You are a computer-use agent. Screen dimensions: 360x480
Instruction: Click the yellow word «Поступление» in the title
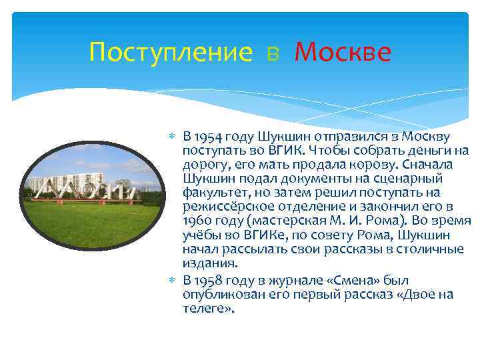[171, 52]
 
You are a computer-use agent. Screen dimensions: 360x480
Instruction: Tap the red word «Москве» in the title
[342, 52]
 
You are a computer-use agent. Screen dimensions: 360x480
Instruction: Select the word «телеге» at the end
[206, 308]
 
